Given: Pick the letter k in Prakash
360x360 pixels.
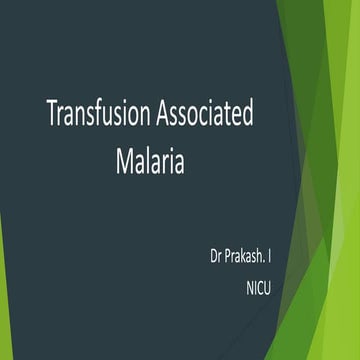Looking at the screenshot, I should tap(237, 245).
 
